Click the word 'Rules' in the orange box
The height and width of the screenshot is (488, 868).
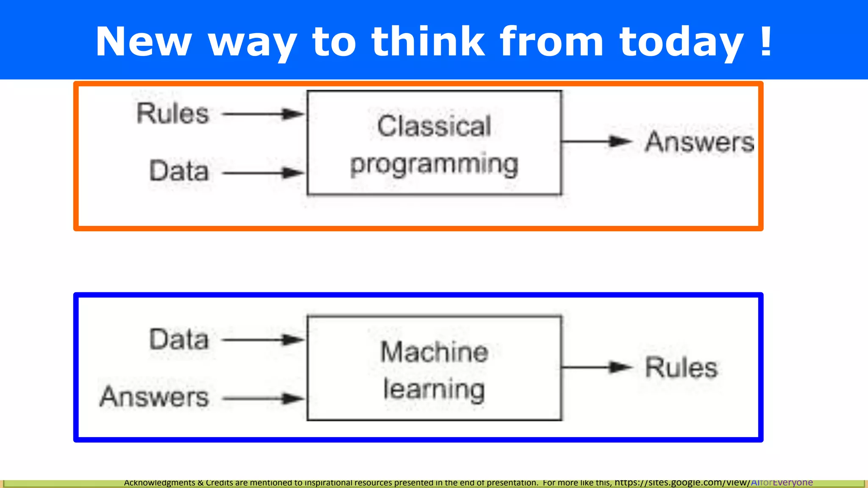(x=173, y=114)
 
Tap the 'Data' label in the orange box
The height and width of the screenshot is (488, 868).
(x=179, y=171)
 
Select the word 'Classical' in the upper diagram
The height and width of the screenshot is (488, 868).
(x=434, y=126)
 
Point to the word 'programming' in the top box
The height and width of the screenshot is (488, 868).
(x=434, y=164)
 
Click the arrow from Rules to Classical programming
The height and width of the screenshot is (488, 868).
(x=263, y=114)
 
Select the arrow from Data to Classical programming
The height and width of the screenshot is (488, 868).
(x=263, y=173)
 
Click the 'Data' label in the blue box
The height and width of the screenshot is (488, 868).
(x=179, y=339)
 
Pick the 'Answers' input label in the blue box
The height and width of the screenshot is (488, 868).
(x=154, y=397)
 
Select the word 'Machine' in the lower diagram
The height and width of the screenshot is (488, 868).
(x=434, y=352)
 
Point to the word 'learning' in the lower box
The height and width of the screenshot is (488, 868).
(x=434, y=390)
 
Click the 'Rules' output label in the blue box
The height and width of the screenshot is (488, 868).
(x=681, y=367)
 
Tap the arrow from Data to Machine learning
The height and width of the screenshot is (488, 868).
(x=263, y=340)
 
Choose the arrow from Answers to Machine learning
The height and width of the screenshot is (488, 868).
(x=263, y=398)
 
